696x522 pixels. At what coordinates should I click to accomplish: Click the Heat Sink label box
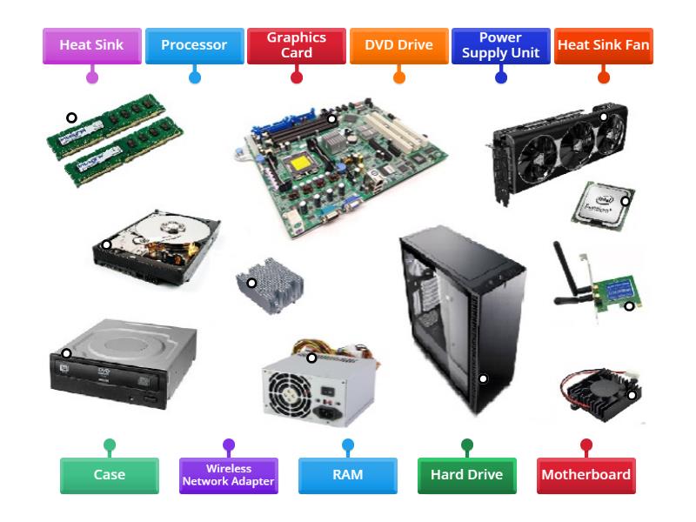click(92, 46)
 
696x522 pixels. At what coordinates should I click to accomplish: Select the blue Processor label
click(194, 46)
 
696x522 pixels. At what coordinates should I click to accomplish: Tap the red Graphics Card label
click(297, 46)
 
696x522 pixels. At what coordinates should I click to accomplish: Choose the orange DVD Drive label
click(399, 46)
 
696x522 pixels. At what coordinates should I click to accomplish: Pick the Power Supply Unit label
click(501, 46)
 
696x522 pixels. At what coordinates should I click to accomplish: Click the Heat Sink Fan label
click(604, 46)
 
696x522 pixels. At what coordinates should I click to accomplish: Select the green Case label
click(110, 475)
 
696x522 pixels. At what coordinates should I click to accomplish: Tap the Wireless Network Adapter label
click(229, 475)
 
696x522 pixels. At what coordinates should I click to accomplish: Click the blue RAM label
click(348, 475)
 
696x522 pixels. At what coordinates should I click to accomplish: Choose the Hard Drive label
click(467, 475)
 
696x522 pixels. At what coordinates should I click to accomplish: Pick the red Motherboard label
click(586, 475)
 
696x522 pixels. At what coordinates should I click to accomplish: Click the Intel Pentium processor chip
click(603, 206)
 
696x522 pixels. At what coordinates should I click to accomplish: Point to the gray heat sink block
click(271, 285)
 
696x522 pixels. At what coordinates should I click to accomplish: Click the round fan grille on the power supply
click(285, 393)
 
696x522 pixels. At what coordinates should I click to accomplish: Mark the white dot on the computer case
click(484, 378)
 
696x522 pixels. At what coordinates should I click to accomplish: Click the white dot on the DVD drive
click(66, 353)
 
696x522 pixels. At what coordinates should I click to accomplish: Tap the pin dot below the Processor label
click(194, 77)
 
